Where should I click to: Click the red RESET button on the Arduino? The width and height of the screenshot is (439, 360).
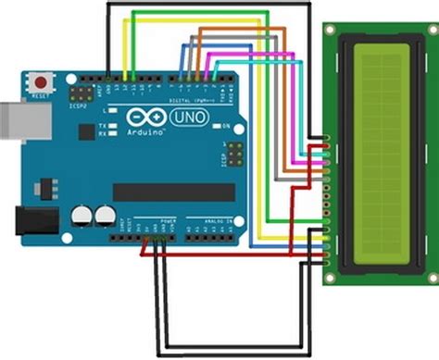[40, 79]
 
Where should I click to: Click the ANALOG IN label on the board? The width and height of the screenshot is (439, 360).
[212, 223]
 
